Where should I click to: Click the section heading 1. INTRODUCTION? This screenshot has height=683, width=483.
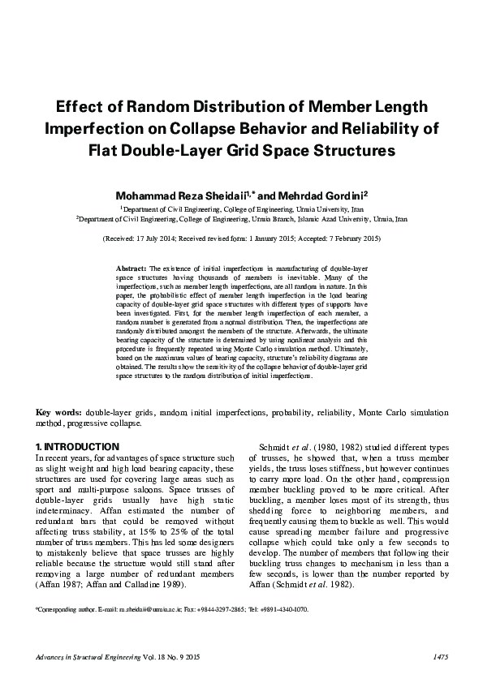(x=78, y=447)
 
